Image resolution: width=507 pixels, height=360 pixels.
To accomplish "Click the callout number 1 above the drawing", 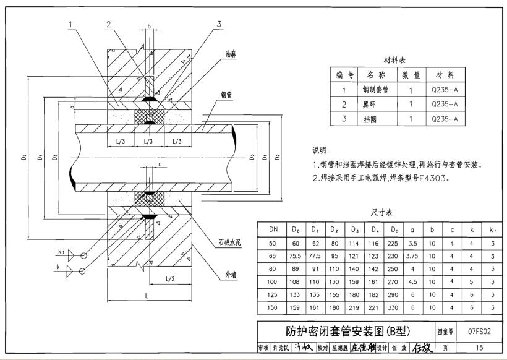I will pos(72,24).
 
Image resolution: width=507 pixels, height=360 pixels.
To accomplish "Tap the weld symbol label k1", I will pos(62,252).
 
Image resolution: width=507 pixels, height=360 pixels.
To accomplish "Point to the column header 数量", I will pos(411,75).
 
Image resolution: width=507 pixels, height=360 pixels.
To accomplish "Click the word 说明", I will pos(322,150).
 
